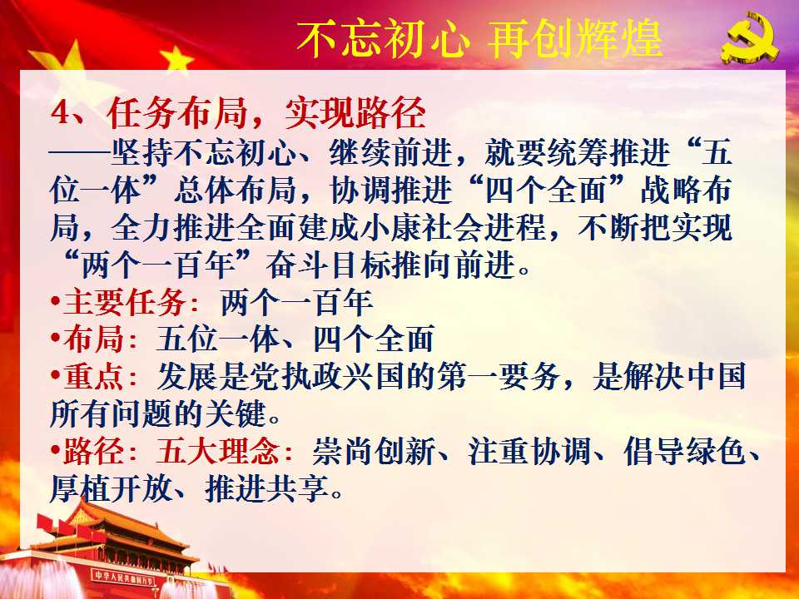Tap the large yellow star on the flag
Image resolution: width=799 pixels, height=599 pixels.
(60, 67)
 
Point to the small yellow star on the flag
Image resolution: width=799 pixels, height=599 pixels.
(176, 57)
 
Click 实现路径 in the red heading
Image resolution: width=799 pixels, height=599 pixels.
(355, 112)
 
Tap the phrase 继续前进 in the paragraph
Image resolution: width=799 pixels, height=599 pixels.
(390, 151)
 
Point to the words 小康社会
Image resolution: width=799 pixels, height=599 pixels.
(422, 226)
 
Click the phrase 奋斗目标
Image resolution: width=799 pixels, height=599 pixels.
(328, 265)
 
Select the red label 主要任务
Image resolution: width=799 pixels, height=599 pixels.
(124, 302)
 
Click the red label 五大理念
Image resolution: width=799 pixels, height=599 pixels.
(218, 451)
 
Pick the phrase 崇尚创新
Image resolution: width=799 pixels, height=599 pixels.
(374, 451)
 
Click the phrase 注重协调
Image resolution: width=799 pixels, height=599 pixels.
(530, 451)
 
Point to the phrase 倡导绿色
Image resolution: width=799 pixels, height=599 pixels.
(685, 451)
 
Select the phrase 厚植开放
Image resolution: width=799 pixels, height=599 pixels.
(111, 488)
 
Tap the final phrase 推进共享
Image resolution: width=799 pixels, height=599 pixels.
(266, 488)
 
